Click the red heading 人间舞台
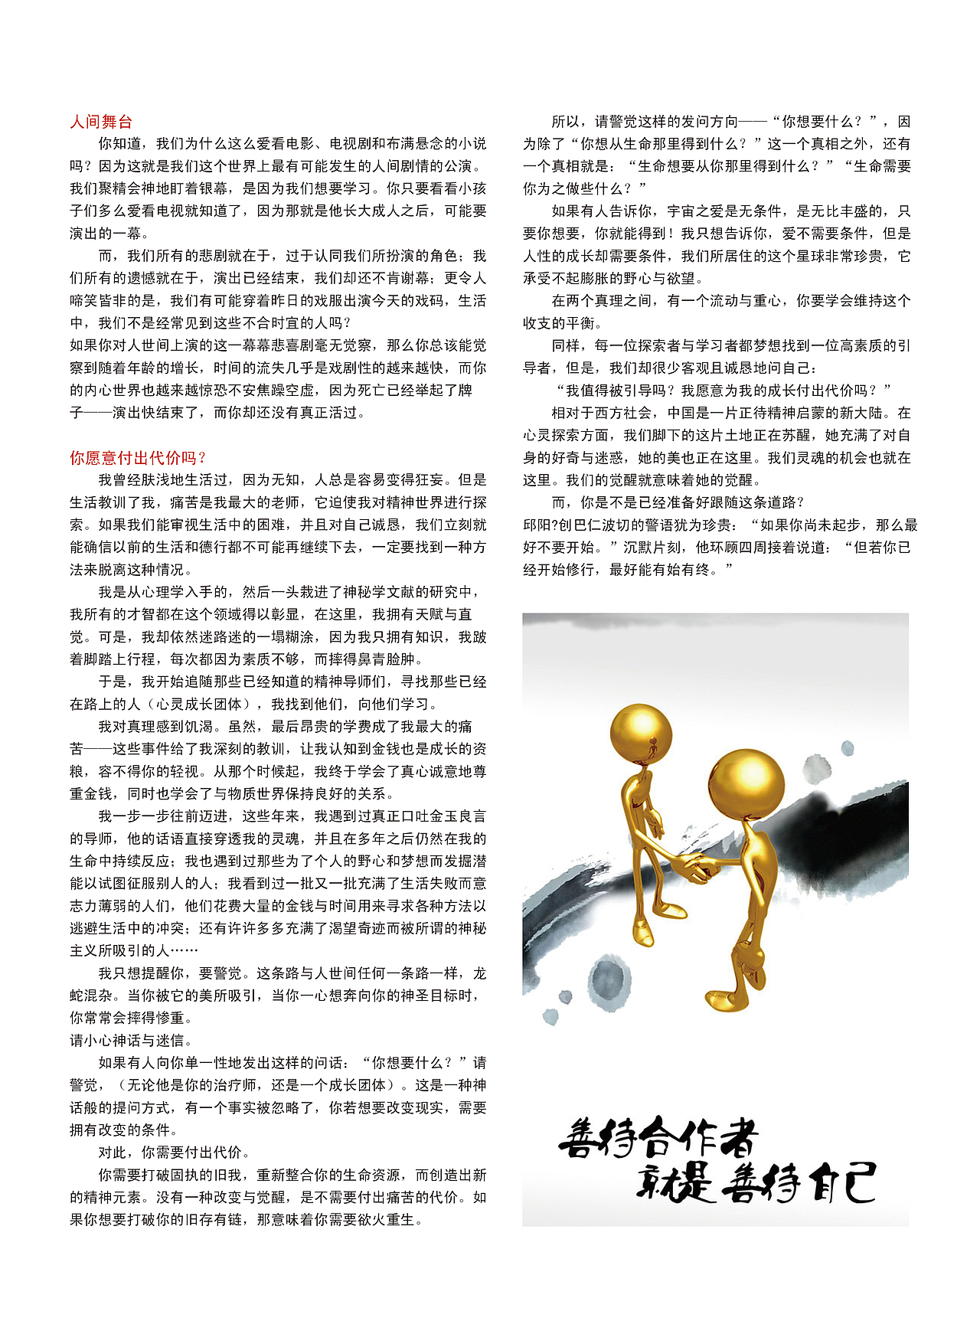101,121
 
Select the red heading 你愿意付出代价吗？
138,458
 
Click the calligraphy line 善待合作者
658,1138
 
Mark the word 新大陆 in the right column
868,413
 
